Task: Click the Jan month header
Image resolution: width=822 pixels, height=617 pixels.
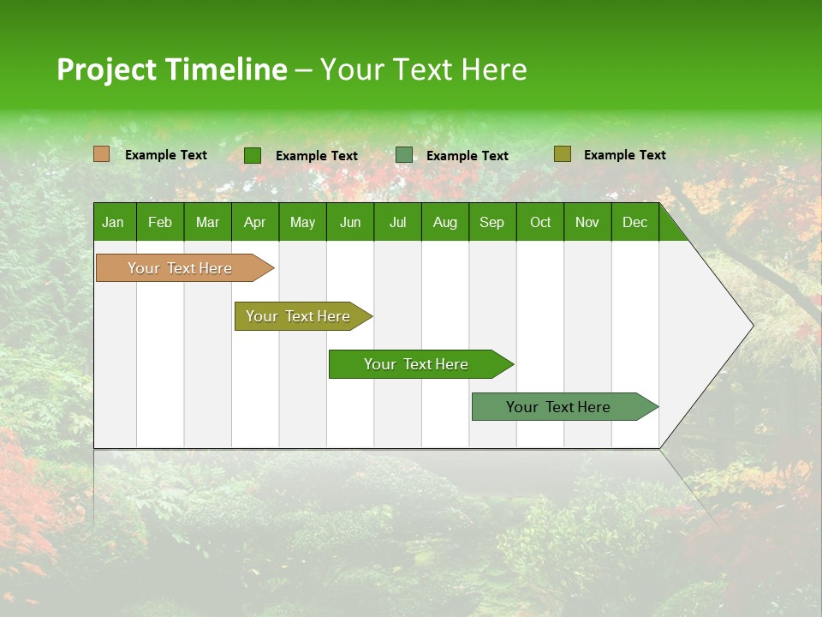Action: (113, 222)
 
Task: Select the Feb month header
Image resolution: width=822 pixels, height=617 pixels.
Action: (160, 222)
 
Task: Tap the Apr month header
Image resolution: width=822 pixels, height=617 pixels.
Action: (254, 222)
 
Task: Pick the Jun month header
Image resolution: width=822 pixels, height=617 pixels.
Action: (350, 222)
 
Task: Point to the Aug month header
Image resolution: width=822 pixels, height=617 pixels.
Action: (444, 222)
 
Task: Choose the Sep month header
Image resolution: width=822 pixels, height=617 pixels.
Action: (491, 222)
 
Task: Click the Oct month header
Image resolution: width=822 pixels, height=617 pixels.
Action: (540, 222)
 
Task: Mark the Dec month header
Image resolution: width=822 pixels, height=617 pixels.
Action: (634, 222)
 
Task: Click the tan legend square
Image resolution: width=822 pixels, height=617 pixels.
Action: (102, 154)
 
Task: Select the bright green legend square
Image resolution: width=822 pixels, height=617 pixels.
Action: (253, 155)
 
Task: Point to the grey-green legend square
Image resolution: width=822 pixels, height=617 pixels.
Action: (404, 155)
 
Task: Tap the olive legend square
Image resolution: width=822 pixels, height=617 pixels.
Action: (562, 154)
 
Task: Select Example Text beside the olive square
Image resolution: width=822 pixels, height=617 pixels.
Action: (624, 154)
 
